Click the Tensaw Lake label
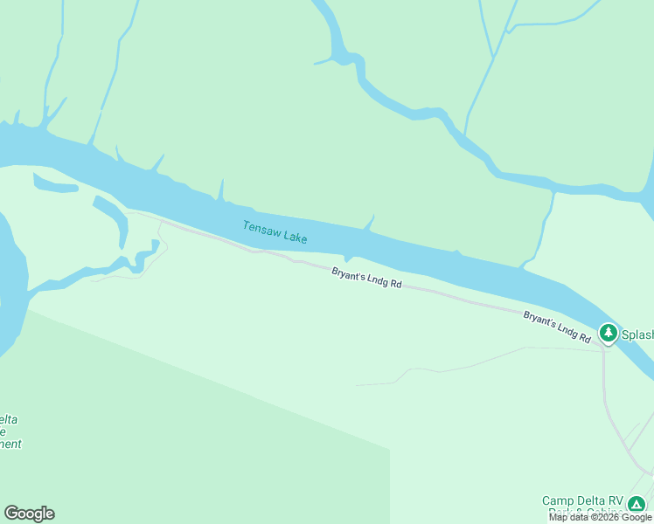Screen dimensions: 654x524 click(275, 232)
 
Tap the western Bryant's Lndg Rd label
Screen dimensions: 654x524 click(366, 279)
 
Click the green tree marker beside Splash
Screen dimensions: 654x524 click(608, 333)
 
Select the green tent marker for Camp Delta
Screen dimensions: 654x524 click(637, 505)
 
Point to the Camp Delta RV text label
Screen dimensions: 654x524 click(582, 501)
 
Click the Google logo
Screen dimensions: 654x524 click(29, 514)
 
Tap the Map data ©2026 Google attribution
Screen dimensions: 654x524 click(601, 517)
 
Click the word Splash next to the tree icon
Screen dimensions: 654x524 click(637, 334)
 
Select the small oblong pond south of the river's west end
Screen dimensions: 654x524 click(54, 184)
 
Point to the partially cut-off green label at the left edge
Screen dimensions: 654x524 click(10, 431)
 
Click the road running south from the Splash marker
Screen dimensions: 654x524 click(605, 384)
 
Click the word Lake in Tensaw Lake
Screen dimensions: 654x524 click(294, 235)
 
